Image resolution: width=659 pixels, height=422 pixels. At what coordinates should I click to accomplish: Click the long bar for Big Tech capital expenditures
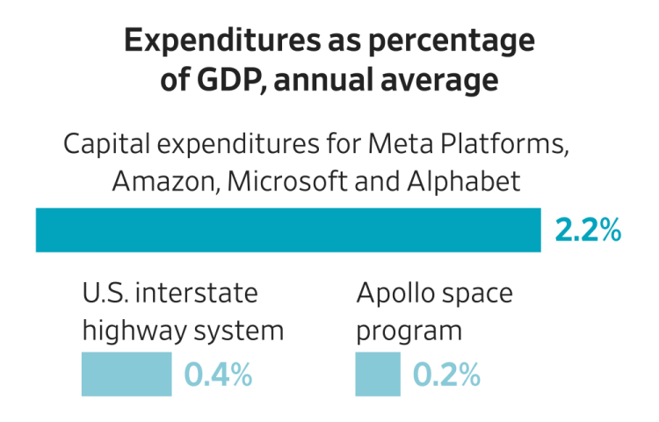[x=287, y=230]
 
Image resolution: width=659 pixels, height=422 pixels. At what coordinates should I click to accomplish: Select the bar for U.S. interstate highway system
[x=126, y=375]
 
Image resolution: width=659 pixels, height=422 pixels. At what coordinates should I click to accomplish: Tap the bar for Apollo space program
[x=378, y=375]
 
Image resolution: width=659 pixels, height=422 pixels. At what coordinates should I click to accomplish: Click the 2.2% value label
[x=588, y=230]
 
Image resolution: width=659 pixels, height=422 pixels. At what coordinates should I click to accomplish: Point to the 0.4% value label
[x=218, y=375]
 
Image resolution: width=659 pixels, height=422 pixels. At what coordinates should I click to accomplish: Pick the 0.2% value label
[x=446, y=375]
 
